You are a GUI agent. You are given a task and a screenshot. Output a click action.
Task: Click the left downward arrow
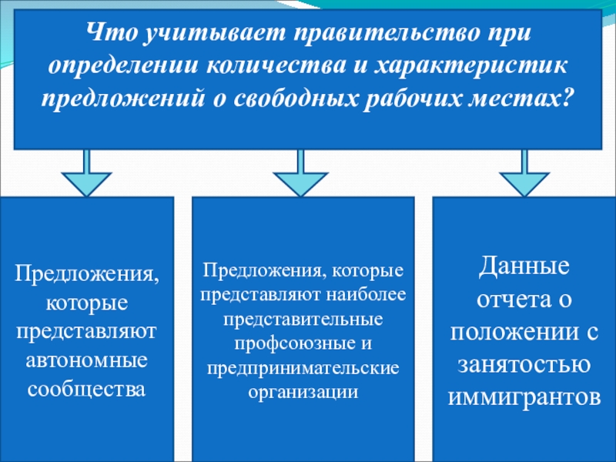tap(87, 175)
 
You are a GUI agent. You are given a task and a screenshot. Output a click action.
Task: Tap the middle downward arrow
tap(300, 175)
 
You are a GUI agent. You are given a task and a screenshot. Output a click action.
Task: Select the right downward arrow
tap(525, 175)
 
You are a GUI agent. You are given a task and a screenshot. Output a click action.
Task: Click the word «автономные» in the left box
tap(86, 360)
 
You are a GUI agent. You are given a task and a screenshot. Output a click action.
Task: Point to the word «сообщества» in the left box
tap(86, 388)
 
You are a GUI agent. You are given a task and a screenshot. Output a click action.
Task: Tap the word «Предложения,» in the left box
tap(86, 273)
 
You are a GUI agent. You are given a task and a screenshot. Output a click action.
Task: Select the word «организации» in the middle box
tap(303, 390)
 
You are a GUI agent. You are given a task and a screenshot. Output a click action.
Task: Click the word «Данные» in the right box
tap(524, 268)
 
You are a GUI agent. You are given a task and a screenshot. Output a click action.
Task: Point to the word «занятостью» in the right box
tap(524, 365)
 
